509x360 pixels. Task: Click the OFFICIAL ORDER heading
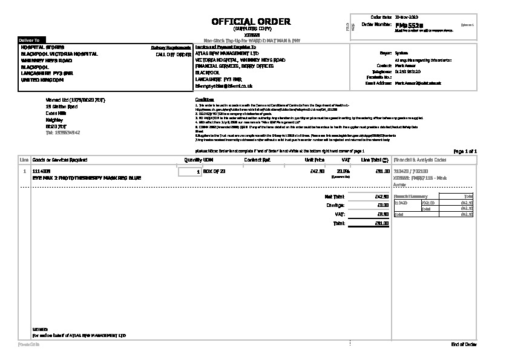(x=251, y=21)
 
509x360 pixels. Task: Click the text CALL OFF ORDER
(x=174, y=54)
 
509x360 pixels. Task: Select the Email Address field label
(x=379, y=83)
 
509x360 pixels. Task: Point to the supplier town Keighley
(x=54, y=120)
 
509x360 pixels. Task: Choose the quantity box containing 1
(x=190, y=172)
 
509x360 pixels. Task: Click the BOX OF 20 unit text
(x=214, y=172)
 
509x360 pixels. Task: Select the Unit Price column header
(x=315, y=160)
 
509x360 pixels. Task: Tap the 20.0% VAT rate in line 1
(x=343, y=172)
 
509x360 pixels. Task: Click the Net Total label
(x=334, y=197)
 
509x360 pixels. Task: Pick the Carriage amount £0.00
(x=383, y=205)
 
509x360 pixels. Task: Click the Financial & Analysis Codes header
(x=420, y=160)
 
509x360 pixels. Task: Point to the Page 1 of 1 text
(x=465, y=151)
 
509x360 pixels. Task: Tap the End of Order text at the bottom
(x=464, y=344)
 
